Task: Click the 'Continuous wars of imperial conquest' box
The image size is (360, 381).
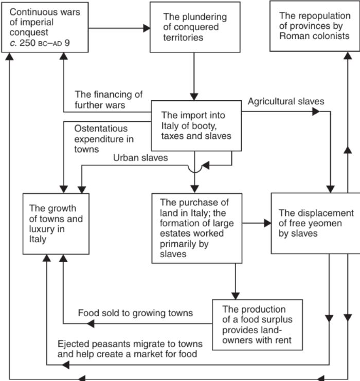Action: coord(45,27)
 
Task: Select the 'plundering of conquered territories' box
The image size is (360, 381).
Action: coord(195,27)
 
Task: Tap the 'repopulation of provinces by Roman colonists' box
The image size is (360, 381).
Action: coord(315,26)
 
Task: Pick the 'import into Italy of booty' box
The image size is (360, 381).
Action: coord(196,126)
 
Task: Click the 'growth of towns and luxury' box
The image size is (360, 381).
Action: coord(56,224)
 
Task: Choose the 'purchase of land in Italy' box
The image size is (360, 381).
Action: coord(197,228)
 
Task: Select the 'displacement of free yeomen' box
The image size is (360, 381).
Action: coord(316,223)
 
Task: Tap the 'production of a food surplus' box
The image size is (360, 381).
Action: coord(258,324)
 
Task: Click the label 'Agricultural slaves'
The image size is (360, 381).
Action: coord(286,101)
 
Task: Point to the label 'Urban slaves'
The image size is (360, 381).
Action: coord(140,158)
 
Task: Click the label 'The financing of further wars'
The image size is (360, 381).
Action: coord(109,100)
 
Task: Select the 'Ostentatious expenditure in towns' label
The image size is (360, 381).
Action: coord(104,139)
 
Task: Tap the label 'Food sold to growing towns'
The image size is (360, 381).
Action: coord(135,313)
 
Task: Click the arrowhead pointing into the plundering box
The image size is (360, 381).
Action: coord(147,28)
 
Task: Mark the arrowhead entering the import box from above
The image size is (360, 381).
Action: coord(194,97)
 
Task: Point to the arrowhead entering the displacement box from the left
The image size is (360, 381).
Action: coord(267,223)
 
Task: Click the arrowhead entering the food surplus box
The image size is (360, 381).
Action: coord(236,296)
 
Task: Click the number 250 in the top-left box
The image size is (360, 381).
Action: coord(27,43)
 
